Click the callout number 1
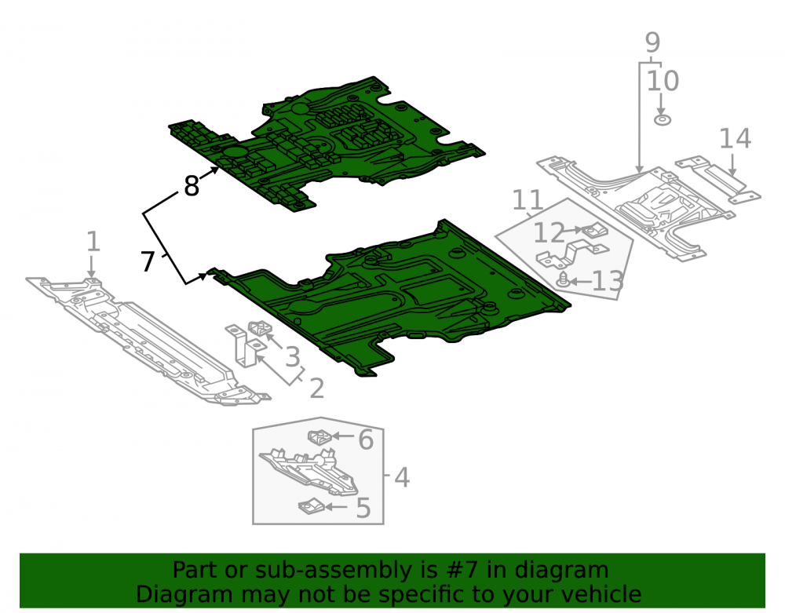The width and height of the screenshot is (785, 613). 93,242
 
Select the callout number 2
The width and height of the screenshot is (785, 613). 316,389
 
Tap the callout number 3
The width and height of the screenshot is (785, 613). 293,357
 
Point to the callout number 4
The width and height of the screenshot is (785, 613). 402,477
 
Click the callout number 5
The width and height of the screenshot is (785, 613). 363,508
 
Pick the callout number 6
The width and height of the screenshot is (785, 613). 366,440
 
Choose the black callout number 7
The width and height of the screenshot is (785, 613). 148,261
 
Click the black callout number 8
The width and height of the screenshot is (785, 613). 192,186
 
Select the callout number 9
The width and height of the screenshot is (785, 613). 652,42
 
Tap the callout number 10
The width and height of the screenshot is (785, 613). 663,81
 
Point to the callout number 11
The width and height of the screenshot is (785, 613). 528,200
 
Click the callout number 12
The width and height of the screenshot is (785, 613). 549,232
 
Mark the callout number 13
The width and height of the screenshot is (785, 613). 608,282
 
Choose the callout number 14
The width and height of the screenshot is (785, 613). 736,139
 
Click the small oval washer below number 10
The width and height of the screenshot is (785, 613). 663,120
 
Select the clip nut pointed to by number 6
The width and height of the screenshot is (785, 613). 319,438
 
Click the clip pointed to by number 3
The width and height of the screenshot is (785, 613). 260,328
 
